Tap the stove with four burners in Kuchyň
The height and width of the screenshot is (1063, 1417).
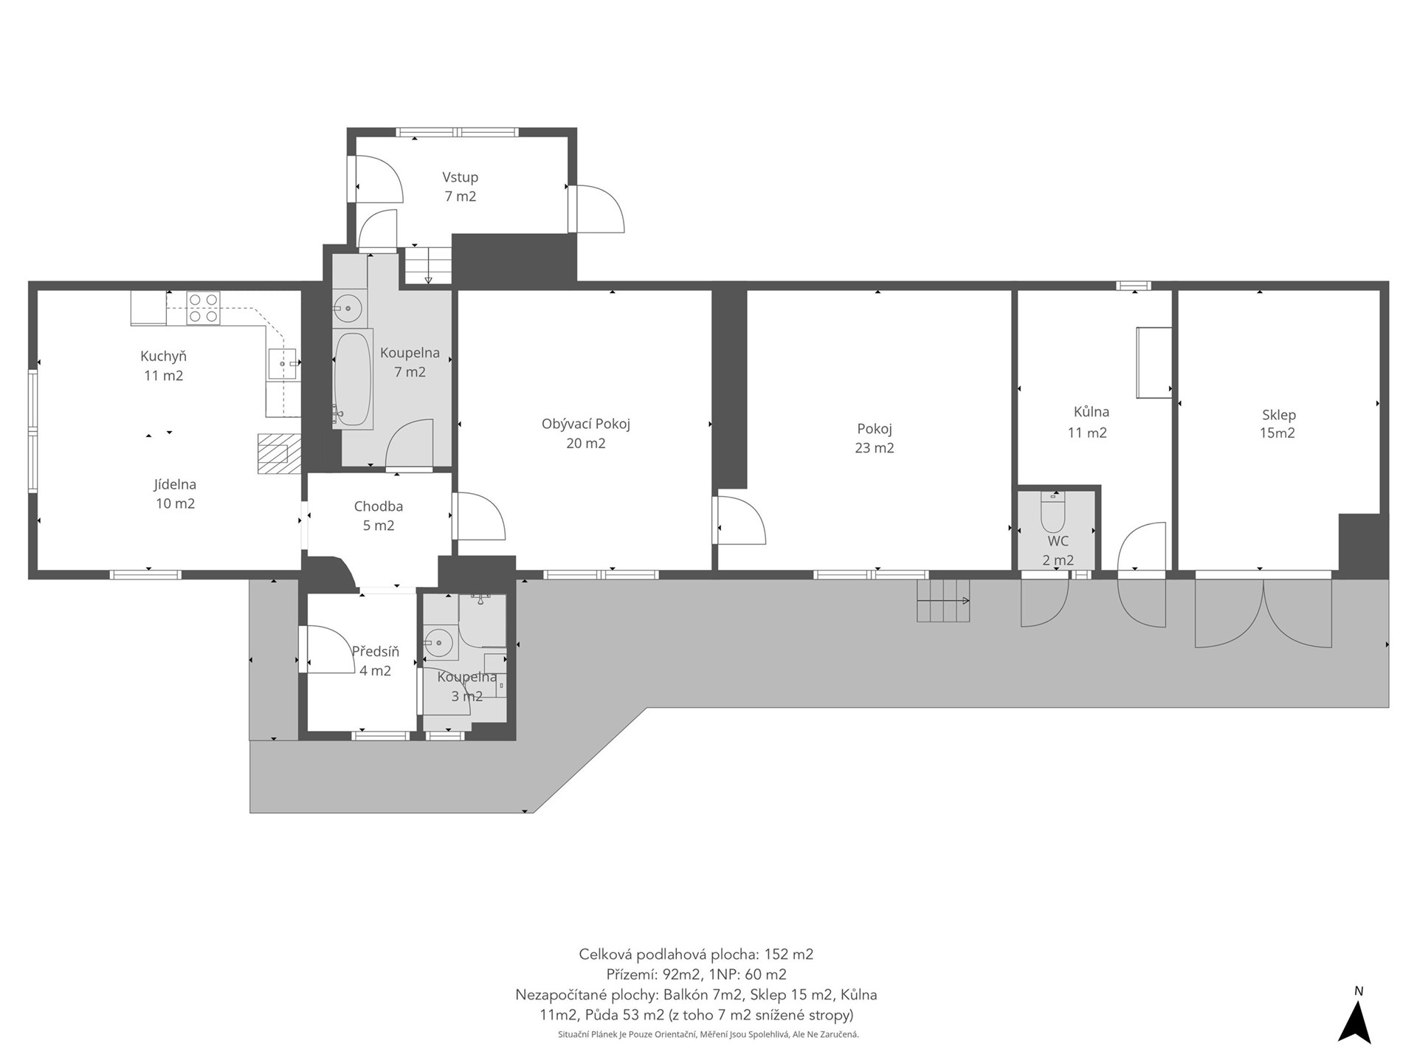coord(203,309)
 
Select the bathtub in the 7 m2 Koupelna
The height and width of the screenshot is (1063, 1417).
coord(353,379)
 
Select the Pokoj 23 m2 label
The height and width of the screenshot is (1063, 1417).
coord(875,438)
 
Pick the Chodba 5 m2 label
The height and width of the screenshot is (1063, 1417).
coord(379,516)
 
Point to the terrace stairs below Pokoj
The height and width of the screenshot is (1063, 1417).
coord(943,601)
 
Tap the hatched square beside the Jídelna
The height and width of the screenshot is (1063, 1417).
coord(280,453)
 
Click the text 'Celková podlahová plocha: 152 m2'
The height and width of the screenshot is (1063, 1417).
coord(696,954)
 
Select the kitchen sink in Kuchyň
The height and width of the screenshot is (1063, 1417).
coord(282,364)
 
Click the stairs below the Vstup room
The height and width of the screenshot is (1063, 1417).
coord(428,266)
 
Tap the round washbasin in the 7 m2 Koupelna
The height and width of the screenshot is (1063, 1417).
coord(348,308)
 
